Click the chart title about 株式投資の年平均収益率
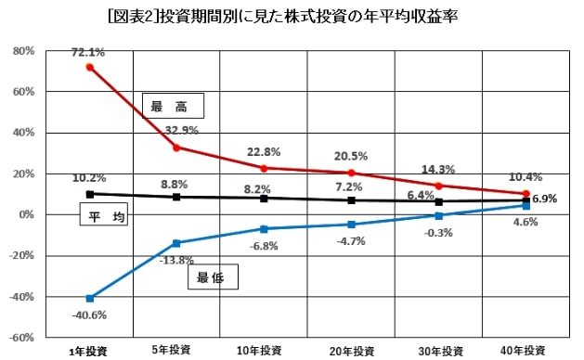pyautogui.click(x=292, y=17)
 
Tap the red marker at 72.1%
pyautogui.click(x=89, y=67)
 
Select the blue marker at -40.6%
pyautogui.click(x=89, y=298)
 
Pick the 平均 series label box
pyautogui.click(x=101, y=217)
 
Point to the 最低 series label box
pyautogui.click(x=214, y=276)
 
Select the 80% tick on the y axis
pyautogui.click(x=23, y=51)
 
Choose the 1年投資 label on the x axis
pyautogui.click(x=88, y=351)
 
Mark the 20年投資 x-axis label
pyautogui.click(x=351, y=351)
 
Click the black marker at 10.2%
pyautogui.click(x=89, y=194)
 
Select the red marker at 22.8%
pyautogui.click(x=264, y=168)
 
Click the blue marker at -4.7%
pyautogui.click(x=351, y=225)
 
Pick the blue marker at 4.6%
pyautogui.click(x=526, y=205)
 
